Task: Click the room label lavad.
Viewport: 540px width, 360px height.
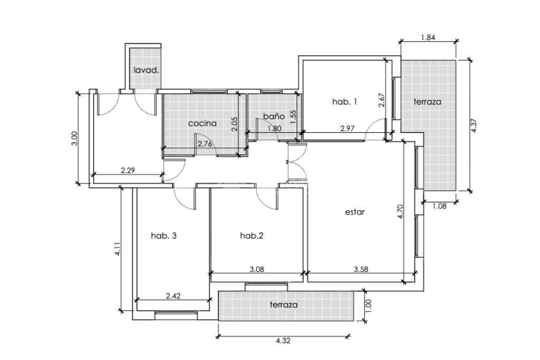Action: (147, 71)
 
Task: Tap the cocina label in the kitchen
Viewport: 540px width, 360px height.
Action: (202, 123)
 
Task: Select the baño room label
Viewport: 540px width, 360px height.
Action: (274, 116)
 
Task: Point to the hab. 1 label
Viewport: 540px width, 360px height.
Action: (344, 102)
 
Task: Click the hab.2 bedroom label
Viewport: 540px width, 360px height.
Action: (252, 236)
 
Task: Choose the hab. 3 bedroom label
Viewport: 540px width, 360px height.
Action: (164, 236)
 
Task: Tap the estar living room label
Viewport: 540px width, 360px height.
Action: (355, 212)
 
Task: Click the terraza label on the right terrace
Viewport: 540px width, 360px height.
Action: (427, 102)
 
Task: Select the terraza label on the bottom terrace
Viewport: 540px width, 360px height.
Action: (283, 305)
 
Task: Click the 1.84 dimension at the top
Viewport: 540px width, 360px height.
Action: (428, 37)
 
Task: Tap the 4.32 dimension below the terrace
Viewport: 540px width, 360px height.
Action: (283, 340)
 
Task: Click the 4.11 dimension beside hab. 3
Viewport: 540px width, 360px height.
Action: (118, 249)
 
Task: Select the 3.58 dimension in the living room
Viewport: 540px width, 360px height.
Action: (361, 269)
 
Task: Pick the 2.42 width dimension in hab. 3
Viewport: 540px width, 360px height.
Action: (173, 296)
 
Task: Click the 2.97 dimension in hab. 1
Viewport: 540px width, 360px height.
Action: (348, 129)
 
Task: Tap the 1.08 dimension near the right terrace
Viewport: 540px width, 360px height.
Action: (439, 206)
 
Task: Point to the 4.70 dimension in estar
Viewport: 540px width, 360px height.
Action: (400, 212)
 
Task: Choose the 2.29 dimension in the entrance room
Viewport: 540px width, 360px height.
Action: (128, 170)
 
